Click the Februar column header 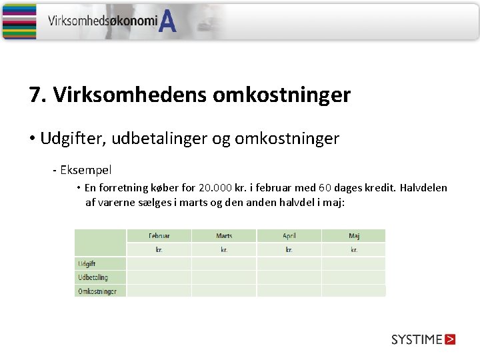pyautogui.click(x=159, y=236)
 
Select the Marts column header pyautogui.click(x=224, y=236)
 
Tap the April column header pyautogui.click(x=289, y=236)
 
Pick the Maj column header pyautogui.click(x=353, y=236)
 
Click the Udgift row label pyautogui.click(x=87, y=264)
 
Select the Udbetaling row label pyautogui.click(x=93, y=277)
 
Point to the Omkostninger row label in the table pyautogui.click(x=97, y=291)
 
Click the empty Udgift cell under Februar pyautogui.click(x=159, y=264)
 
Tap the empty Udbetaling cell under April pyautogui.click(x=289, y=277)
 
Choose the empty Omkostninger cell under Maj pyautogui.click(x=353, y=291)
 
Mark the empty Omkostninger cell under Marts pyautogui.click(x=224, y=291)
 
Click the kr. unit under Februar pyautogui.click(x=159, y=250)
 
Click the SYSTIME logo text pyautogui.click(x=417, y=339)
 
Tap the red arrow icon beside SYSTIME pyautogui.click(x=450, y=339)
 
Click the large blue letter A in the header pyautogui.click(x=169, y=23)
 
